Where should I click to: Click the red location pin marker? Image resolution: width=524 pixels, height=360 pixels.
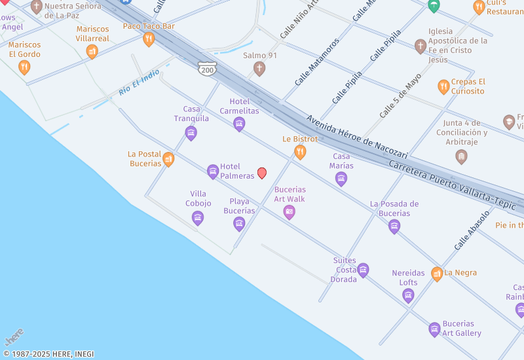[x=262, y=173]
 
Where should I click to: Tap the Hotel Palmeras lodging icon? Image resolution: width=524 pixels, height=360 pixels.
[x=213, y=171]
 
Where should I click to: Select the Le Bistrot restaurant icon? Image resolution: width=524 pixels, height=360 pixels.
[x=300, y=153]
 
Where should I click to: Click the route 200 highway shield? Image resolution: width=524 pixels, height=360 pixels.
[x=207, y=67]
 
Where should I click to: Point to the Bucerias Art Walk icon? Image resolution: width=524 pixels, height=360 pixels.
[x=290, y=212]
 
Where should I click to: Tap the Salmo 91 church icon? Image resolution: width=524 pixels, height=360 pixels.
[x=259, y=68]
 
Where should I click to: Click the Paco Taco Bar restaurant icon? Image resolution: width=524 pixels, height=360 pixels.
[x=149, y=39]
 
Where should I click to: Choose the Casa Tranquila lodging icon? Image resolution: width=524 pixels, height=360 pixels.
[x=191, y=134]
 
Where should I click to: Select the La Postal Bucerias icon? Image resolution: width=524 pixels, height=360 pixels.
[x=168, y=159]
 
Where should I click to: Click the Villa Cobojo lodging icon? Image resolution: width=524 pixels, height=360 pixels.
[x=198, y=219]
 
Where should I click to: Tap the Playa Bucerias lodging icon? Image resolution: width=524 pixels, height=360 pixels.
[x=239, y=224]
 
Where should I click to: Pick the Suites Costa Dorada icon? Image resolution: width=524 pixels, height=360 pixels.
[x=363, y=270]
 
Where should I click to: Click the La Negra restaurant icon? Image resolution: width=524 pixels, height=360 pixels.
[x=437, y=274]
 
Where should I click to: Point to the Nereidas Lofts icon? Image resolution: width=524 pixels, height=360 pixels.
[x=408, y=296]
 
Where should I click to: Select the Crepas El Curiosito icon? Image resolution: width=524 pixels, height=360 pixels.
[x=443, y=86]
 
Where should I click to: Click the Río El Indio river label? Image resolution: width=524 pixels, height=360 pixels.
[x=140, y=84]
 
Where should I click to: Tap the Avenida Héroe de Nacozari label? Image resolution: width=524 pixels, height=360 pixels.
[x=357, y=137]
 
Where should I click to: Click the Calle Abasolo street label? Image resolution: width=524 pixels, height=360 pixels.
[x=472, y=230]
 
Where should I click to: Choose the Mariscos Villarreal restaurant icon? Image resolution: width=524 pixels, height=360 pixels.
[x=92, y=52]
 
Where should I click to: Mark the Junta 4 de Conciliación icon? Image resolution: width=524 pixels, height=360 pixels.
[x=461, y=156]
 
